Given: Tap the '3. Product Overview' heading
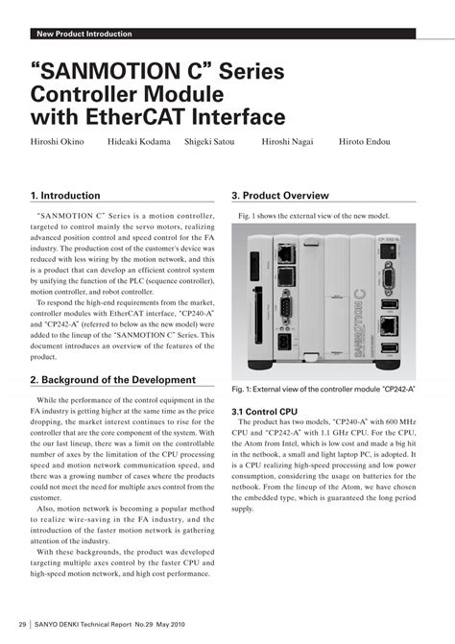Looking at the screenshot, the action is click(x=280, y=195).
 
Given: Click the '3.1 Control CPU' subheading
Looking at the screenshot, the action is click(x=266, y=412).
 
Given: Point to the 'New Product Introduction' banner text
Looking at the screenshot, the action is click(x=84, y=35).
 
